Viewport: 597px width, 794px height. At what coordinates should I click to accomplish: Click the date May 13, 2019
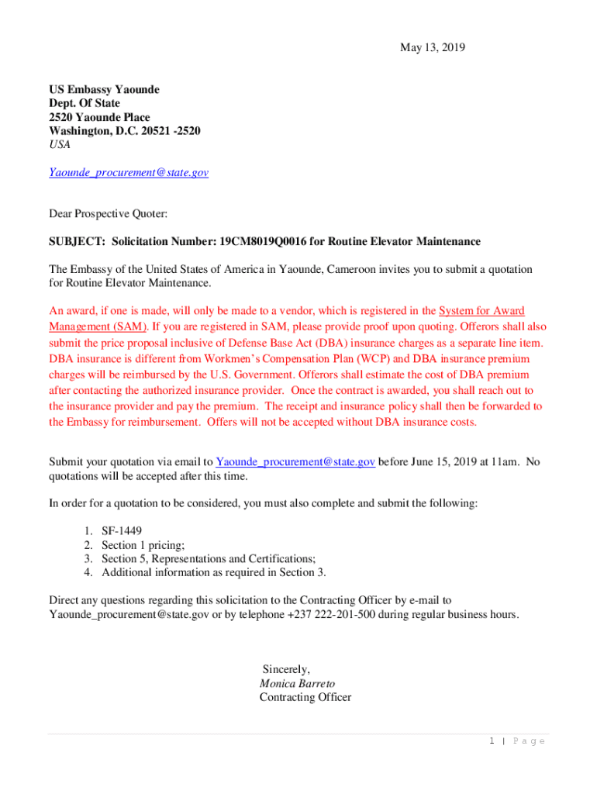433,48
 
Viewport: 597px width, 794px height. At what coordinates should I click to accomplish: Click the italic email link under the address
129,173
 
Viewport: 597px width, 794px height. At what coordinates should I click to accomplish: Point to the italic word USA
60,145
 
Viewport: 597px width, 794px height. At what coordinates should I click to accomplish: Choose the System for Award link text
481,311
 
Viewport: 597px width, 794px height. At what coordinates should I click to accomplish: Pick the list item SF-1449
122,531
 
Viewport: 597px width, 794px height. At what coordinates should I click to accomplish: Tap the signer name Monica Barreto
297,684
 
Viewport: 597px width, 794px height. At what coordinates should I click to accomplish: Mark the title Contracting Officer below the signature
305,697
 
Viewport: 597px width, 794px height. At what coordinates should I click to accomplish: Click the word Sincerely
286,669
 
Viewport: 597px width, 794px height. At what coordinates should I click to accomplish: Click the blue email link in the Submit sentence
295,462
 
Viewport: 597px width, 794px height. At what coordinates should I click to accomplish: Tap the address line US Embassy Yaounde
105,89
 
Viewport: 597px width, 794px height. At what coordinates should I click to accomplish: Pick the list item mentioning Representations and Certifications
209,559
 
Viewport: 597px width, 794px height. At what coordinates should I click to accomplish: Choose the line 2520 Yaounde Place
100,117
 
